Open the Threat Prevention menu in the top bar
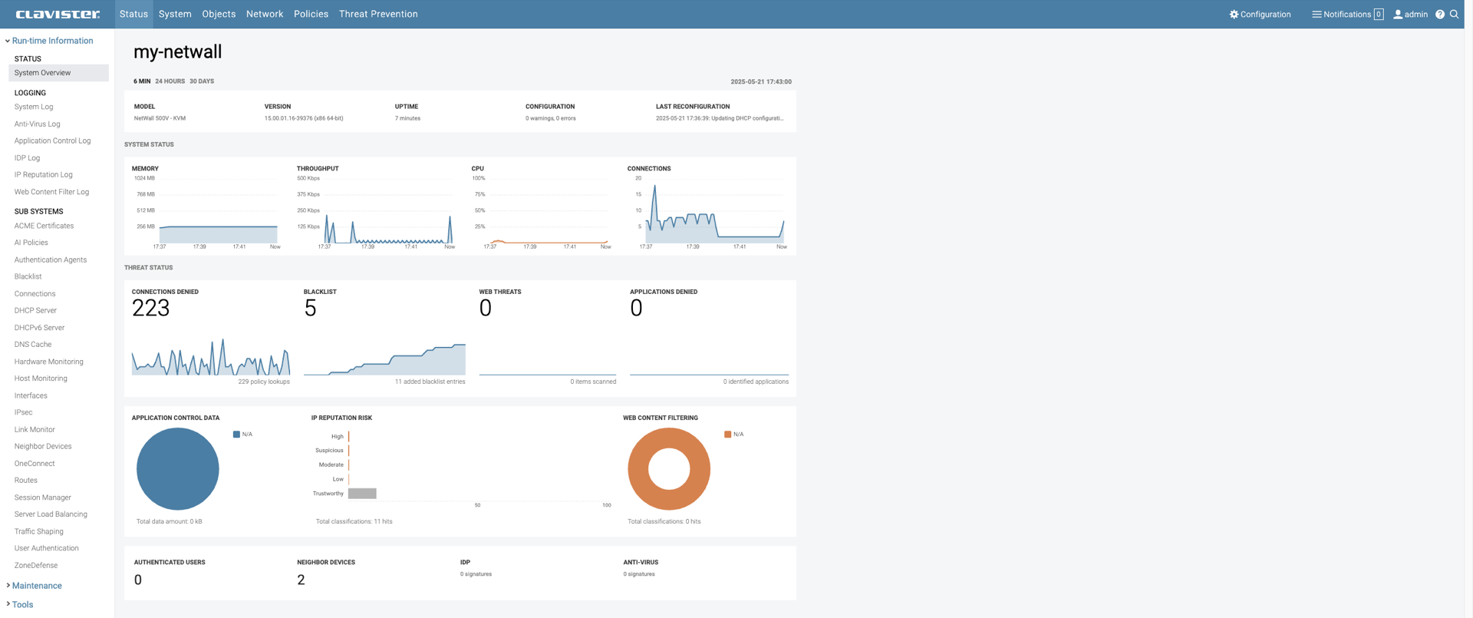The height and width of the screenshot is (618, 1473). pyautogui.click(x=378, y=14)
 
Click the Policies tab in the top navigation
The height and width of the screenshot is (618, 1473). pyautogui.click(x=311, y=14)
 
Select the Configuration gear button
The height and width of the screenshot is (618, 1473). pyautogui.click(x=1260, y=14)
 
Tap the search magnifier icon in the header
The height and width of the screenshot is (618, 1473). pyautogui.click(x=1454, y=14)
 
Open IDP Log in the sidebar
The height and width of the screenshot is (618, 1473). pyautogui.click(x=27, y=158)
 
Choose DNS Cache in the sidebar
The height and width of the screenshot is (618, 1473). pyautogui.click(x=33, y=345)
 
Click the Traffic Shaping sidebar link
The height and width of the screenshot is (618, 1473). pyautogui.click(x=38, y=531)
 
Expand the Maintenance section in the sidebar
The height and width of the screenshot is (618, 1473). pyautogui.click(x=37, y=586)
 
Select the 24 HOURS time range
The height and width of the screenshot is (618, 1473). pyautogui.click(x=170, y=81)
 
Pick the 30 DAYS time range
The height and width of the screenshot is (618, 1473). pyautogui.click(x=202, y=81)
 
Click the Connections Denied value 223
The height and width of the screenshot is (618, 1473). pyautogui.click(x=150, y=308)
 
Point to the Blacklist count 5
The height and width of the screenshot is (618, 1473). pyautogui.click(x=310, y=308)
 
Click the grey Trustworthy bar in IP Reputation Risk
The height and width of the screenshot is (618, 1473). pyautogui.click(x=362, y=494)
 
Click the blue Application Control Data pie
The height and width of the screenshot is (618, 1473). pyautogui.click(x=177, y=469)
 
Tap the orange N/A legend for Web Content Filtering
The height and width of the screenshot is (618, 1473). pyautogui.click(x=733, y=435)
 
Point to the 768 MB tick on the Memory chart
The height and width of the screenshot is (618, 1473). pyautogui.click(x=146, y=194)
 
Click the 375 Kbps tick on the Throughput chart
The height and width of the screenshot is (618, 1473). pyautogui.click(x=308, y=194)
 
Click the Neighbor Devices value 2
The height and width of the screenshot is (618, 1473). pyautogui.click(x=301, y=580)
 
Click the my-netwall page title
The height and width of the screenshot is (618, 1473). pyautogui.click(x=177, y=51)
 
